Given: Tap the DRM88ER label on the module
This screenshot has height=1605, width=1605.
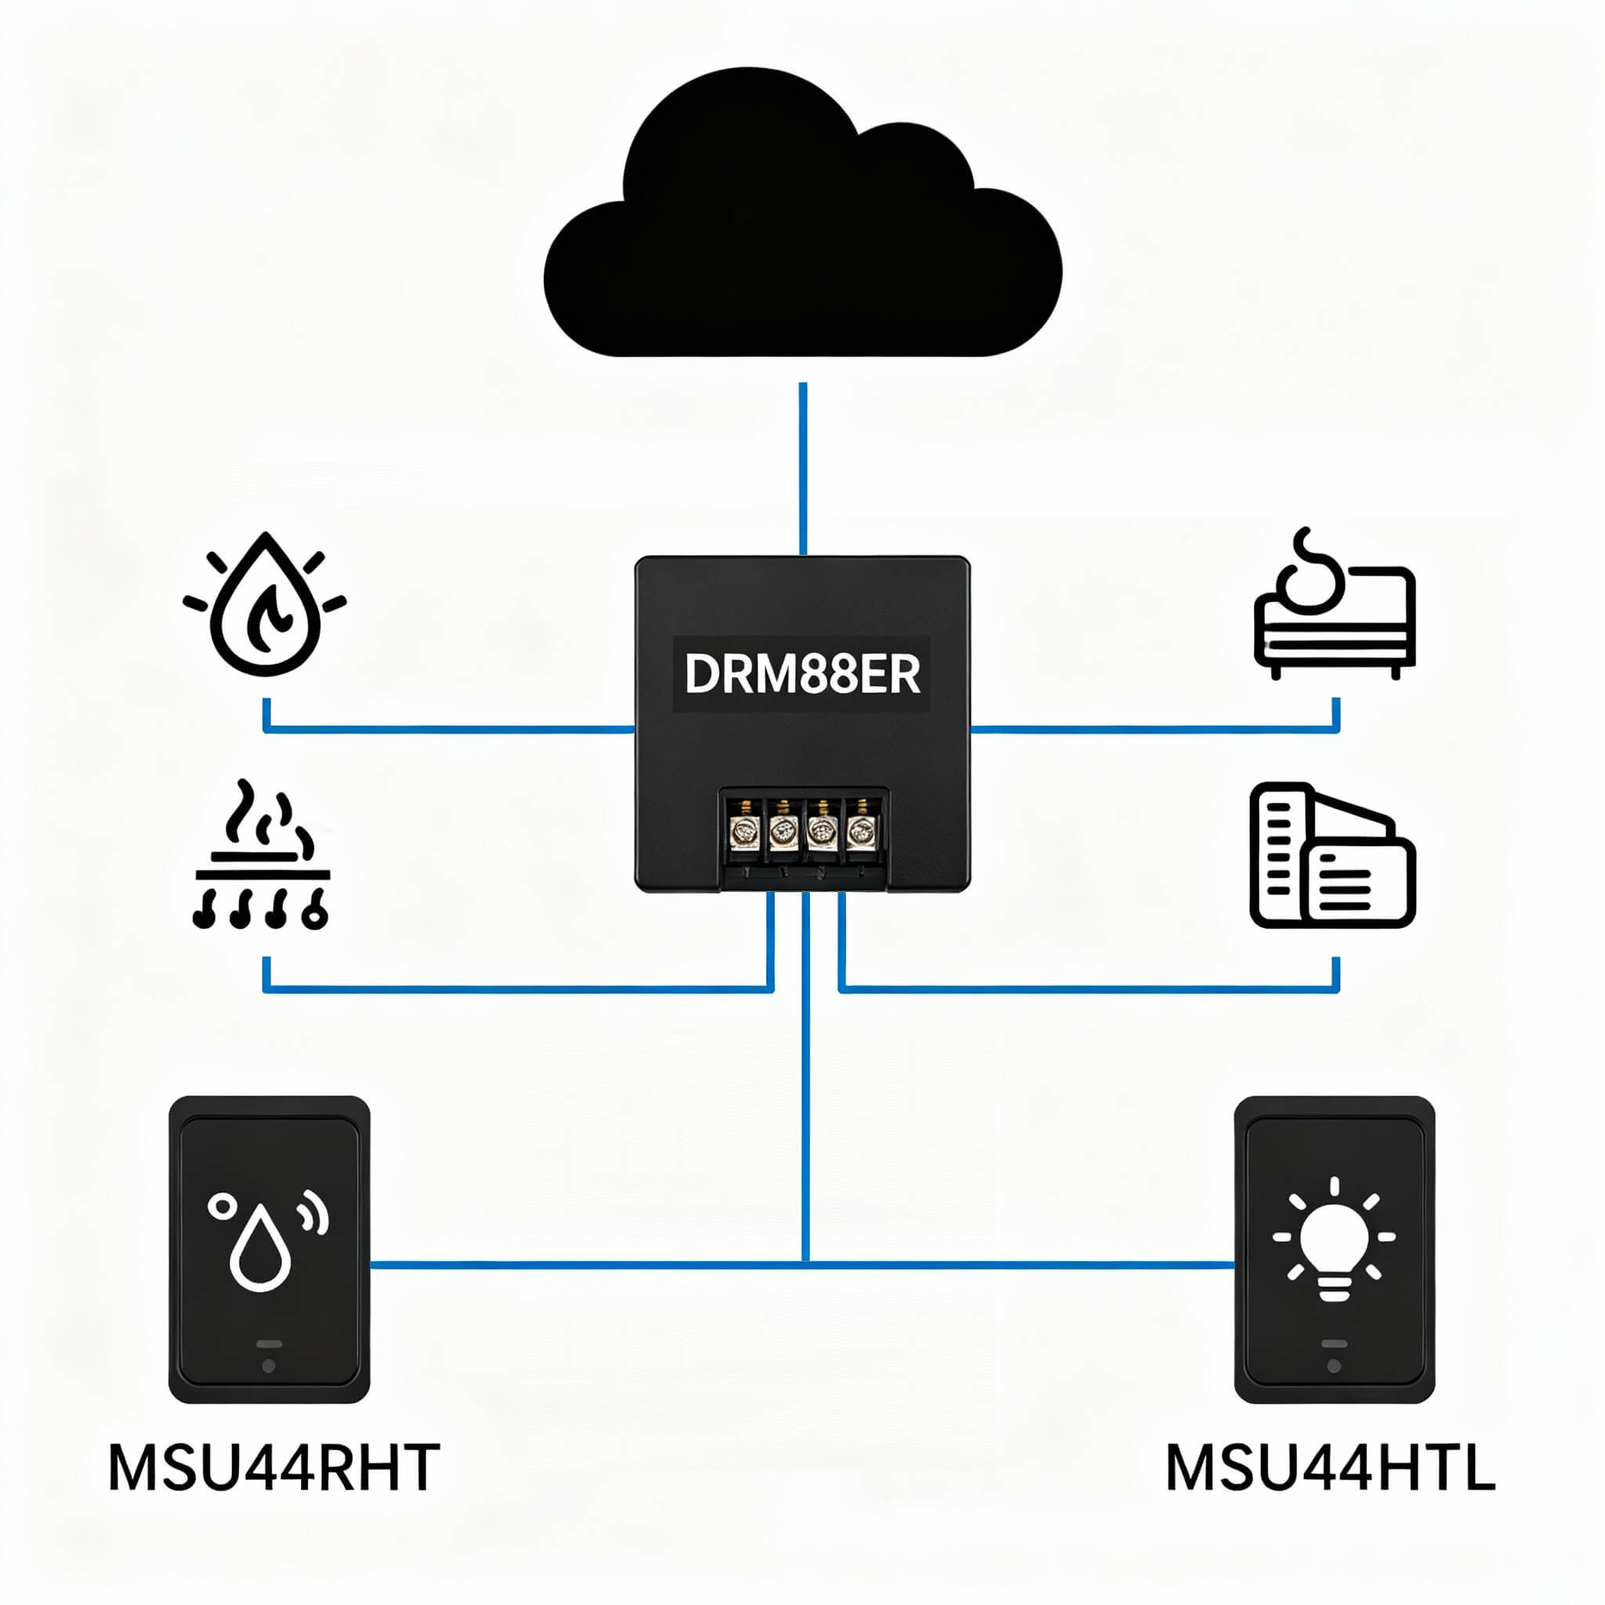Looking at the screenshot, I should click(x=802, y=674).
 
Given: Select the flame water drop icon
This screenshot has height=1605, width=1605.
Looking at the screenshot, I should click(x=265, y=605).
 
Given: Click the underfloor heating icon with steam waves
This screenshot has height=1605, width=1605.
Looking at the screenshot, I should click(x=262, y=856).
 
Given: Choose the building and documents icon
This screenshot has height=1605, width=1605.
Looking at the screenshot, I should click(x=1332, y=855).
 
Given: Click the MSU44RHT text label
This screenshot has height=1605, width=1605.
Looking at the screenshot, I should click(x=274, y=1468).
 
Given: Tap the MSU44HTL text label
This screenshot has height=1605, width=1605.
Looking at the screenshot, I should click(x=1330, y=1468).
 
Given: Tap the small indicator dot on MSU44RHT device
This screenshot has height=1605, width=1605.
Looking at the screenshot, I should click(x=268, y=1366).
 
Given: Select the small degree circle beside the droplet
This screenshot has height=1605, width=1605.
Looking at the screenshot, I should click(x=222, y=1207).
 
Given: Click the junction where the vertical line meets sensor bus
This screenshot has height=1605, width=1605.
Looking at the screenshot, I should click(x=806, y=1265).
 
